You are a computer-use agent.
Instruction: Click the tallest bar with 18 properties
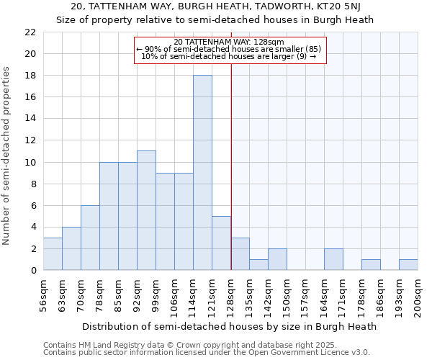202,173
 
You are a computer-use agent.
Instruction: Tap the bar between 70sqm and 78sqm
90,238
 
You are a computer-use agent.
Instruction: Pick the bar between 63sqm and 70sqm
71,248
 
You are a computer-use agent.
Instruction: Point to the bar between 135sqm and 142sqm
258,264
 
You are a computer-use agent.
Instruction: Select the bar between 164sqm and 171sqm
333,259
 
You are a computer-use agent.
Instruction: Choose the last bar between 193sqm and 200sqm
408,264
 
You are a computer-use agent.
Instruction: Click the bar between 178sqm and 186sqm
371,264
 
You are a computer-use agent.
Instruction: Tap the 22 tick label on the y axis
30,32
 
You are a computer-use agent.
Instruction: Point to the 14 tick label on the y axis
30,119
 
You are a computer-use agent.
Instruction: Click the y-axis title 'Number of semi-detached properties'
8,155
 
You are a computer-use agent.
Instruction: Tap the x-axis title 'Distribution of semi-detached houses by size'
230,326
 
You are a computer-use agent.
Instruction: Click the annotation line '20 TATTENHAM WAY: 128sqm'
230,42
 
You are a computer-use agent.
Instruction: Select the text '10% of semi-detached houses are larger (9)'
230,56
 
